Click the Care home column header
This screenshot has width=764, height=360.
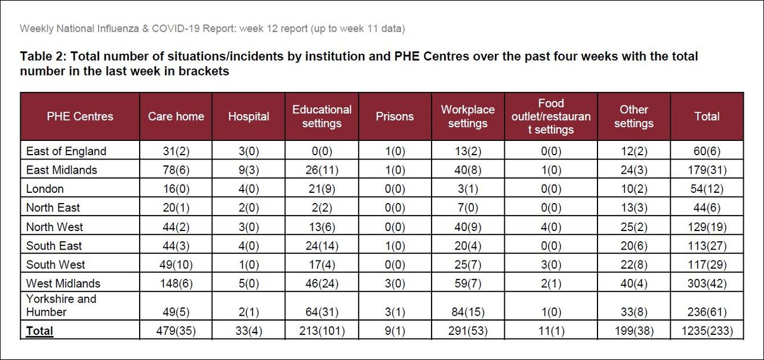click(x=176, y=116)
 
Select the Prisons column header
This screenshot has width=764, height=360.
click(x=395, y=116)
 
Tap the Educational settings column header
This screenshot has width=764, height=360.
click(x=322, y=116)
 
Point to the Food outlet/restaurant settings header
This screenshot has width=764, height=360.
click(x=550, y=116)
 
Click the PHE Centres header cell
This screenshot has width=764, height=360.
click(x=80, y=116)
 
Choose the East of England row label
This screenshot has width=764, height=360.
click(x=66, y=151)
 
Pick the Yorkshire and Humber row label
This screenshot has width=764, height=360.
click(x=61, y=305)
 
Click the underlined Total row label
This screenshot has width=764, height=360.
click(x=39, y=331)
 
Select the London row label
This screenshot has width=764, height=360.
click(x=45, y=189)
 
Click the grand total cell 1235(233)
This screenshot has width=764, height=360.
click(x=707, y=331)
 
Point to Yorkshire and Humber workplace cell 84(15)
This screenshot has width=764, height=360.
click(x=468, y=312)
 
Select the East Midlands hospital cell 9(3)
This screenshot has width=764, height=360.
click(x=249, y=170)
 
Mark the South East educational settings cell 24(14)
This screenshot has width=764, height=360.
click(x=322, y=245)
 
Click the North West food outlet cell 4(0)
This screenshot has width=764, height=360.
click(x=550, y=227)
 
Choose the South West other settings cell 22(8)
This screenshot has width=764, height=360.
click(x=633, y=264)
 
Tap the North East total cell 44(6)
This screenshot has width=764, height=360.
click(x=707, y=208)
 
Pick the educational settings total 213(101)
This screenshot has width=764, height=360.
click(x=322, y=331)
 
